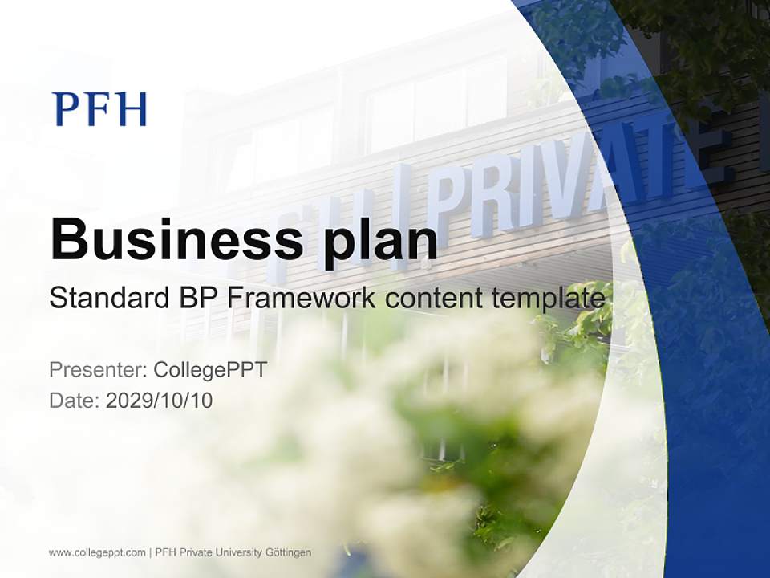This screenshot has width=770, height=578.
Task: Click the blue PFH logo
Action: point(99,109)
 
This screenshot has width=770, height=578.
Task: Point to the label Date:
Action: point(75,400)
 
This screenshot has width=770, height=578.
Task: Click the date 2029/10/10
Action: point(160,400)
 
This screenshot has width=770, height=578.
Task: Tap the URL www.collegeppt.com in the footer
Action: point(97,552)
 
